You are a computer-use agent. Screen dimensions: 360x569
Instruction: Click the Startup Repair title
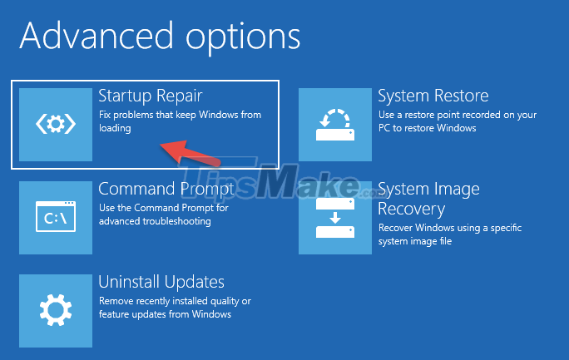pos(151,96)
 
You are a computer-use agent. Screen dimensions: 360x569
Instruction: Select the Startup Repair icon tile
pos(56,124)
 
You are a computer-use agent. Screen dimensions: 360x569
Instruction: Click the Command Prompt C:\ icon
pos(56,218)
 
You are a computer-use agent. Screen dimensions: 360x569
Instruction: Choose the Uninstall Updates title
pos(161,282)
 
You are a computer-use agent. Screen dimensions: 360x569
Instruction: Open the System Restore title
pos(433,96)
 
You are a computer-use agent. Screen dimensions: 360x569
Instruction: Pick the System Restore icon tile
pos(335,124)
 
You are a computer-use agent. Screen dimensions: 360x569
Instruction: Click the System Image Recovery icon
pos(335,218)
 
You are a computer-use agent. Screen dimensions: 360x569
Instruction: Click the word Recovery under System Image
pos(411,209)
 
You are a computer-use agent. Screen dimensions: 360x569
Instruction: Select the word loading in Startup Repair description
pos(115,129)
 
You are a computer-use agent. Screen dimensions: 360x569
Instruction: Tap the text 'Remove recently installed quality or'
pos(175,301)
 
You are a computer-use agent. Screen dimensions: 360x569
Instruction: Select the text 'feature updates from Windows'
pos(165,314)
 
